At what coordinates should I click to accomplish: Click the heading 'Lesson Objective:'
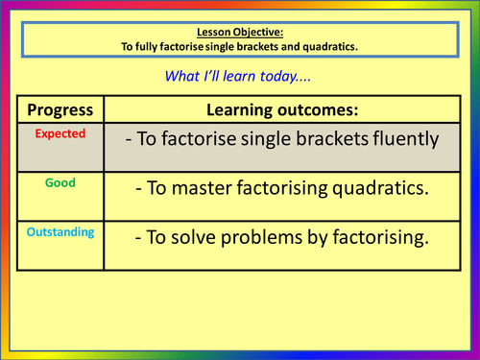click(x=239, y=30)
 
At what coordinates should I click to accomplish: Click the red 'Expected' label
click(x=60, y=134)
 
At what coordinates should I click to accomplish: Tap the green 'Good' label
click(x=60, y=180)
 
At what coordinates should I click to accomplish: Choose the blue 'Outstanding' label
click(x=60, y=233)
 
